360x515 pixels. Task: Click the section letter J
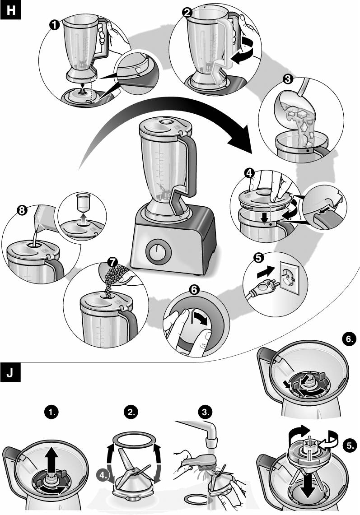11,374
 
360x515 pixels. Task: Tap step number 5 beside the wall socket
258,258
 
